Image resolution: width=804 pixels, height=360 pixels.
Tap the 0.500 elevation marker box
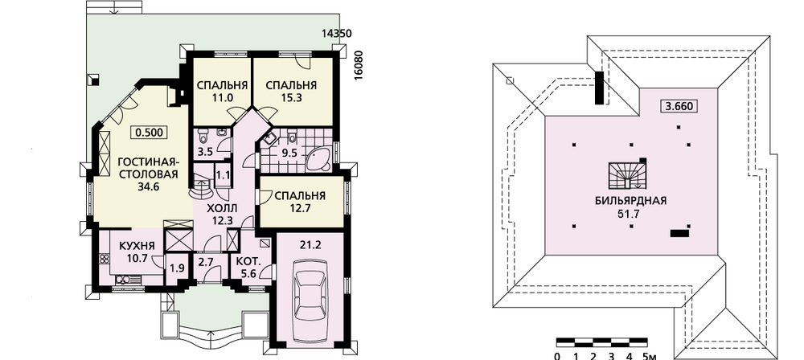coord(150,133)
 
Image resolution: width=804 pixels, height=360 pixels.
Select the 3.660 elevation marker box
coord(679,107)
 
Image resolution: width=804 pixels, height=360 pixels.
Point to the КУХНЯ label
coord(137,246)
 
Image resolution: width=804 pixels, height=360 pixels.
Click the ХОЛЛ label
coord(222,208)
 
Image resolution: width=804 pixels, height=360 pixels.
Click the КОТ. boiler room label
coord(248,261)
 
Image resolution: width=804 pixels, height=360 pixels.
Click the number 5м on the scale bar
coord(649,355)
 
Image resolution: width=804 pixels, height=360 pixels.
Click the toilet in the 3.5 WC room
coord(204,137)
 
